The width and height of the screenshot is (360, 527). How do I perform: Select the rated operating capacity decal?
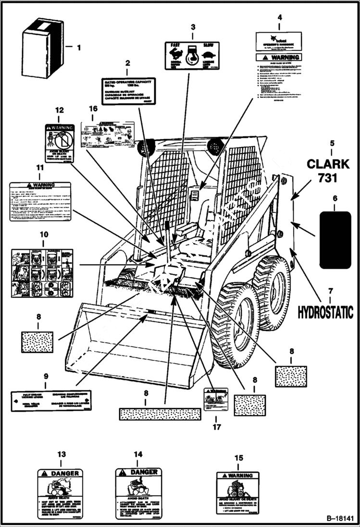pos(128,91)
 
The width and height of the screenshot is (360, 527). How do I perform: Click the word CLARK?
pos(328,164)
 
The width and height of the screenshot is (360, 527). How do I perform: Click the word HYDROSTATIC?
pos(325,312)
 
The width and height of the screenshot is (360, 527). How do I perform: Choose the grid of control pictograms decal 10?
pos(42,273)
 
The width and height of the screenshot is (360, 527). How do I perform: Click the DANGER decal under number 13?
pos(60,490)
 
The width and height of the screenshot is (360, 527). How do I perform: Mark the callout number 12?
pos(59,110)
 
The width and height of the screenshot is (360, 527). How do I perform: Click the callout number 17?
pos(215,425)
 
